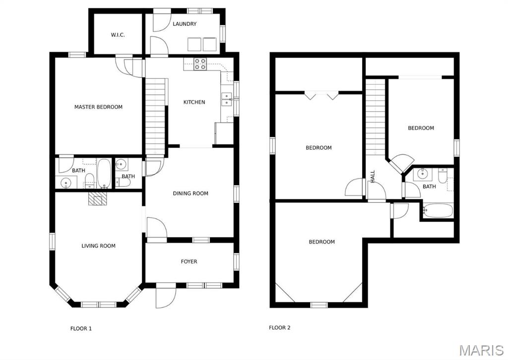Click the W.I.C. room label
pos(118,35)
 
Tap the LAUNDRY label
pos(185,24)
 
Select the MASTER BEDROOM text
pos(98,107)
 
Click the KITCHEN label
pos(194,102)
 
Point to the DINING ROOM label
pos(190,193)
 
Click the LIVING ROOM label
pos(98,245)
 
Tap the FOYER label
pos(189,261)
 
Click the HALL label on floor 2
pos(373,177)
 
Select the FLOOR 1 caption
pos(81,328)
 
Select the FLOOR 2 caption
pos(279,328)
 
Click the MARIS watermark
pos(481,350)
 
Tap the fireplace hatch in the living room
pos(97,199)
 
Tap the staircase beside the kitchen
pos(155,117)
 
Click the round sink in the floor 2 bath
pos(422,174)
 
